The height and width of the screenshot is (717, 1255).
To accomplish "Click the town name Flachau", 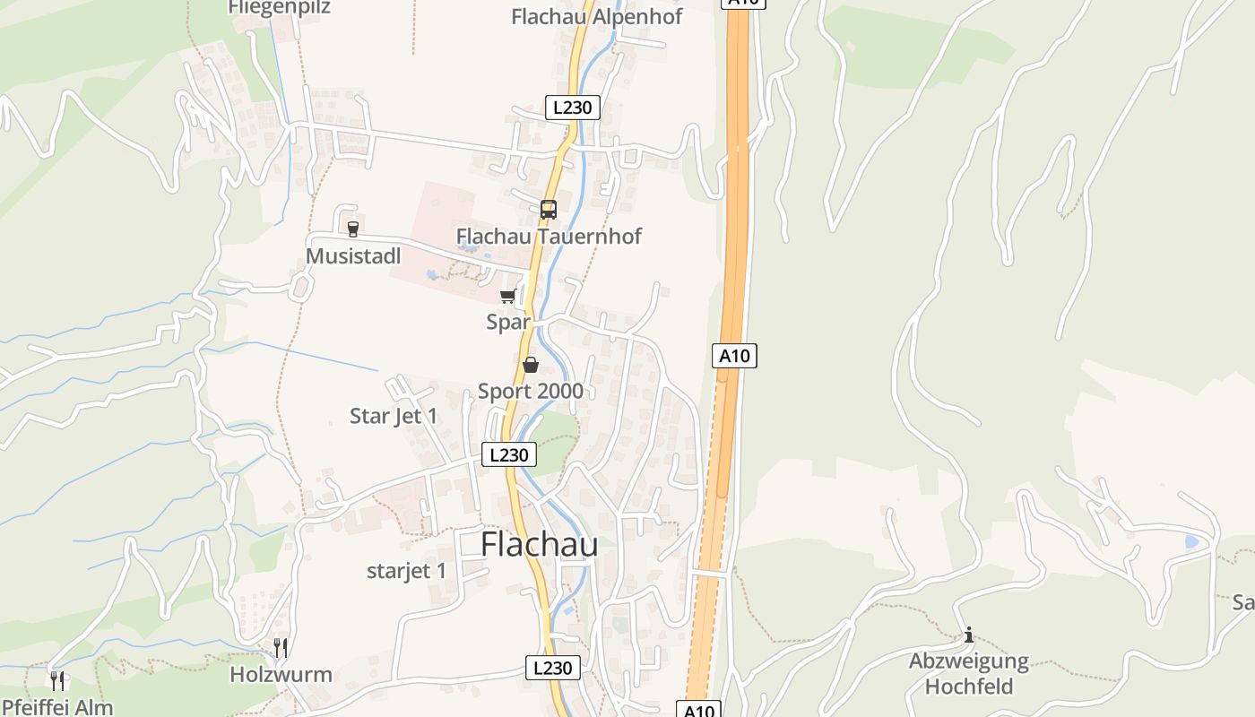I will coord(539,544).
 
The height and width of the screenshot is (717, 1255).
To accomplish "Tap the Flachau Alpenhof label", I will coord(596,16).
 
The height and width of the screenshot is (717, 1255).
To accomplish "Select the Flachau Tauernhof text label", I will coord(549,237).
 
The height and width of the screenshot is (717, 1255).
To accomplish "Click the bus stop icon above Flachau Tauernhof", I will coord(549,210).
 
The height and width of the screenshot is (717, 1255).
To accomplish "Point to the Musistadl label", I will coord(353,256).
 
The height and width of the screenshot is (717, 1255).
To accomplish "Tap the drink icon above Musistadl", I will coord(352,229).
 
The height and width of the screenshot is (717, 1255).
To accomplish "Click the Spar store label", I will coord(508,322).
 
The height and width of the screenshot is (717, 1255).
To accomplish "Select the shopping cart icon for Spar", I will coord(508,297).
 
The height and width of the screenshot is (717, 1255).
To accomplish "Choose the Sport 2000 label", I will coord(530,391).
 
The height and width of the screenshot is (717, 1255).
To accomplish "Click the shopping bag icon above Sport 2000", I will coord(531,365).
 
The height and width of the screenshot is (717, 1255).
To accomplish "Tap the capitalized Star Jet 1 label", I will coord(394,416).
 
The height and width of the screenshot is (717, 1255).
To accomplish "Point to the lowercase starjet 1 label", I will coord(406,571).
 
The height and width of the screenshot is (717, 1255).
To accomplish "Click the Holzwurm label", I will coord(281,675).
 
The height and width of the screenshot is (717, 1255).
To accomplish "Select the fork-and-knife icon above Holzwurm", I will coord(281,648).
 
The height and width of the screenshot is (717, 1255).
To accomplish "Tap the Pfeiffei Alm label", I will coord(56,707).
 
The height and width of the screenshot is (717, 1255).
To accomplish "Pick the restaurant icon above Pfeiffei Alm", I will coord(57,681).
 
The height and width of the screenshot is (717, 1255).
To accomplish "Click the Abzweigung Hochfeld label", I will coord(969,674).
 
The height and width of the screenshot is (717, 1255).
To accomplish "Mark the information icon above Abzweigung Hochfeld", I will coord(968,635).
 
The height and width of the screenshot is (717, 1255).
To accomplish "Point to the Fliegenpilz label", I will coord(279,7).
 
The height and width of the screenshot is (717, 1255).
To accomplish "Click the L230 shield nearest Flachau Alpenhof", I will coord(573,108).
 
